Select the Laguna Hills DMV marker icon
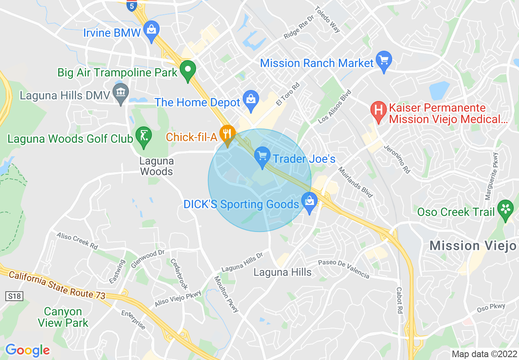click(121, 94)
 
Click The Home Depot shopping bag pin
click(250, 101)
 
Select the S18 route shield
click(14, 295)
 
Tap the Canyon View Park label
click(63, 317)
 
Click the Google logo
click(27, 350)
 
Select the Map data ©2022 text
click(483, 354)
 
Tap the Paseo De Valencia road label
click(343, 269)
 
